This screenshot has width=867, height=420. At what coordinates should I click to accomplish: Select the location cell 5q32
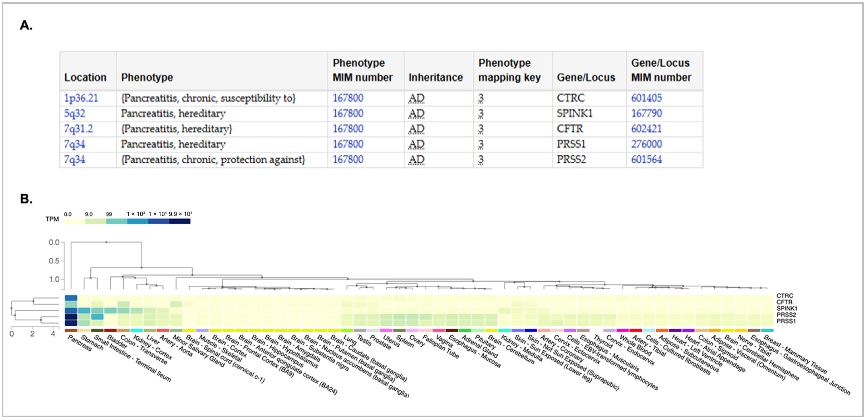pyautogui.click(x=74, y=113)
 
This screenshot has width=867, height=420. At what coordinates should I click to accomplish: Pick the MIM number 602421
pyautogui.click(x=646, y=129)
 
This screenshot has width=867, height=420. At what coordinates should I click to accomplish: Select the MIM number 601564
pyautogui.click(x=646, y=160)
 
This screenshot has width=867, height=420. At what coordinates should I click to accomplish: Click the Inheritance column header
pyautogui.click(x=436, y=78)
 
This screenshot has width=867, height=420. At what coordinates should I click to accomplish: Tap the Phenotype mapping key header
pyautogui.click(x=509, y=70)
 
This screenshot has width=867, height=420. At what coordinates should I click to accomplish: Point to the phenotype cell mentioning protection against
pyautogui.click(x=213, y=160)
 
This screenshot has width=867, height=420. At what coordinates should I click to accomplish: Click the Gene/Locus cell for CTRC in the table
pyautogui.click(x=571, y=98)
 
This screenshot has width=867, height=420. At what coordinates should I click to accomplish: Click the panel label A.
pyautogui.click(x=26, y=25)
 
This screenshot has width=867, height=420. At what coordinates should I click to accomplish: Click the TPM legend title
pyautogui.click(x=52, y=219)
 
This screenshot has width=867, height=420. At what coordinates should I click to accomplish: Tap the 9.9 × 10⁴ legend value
pyautogui.click(x=180, y=214)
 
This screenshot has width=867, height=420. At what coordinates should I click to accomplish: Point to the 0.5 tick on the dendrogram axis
pyautogui.click(x=54, y=261)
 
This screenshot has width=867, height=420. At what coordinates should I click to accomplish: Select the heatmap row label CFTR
pyautogui.click(x=784, y=302)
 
